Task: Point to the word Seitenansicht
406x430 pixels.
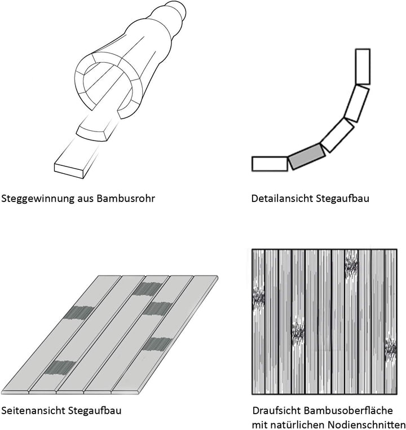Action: coord(33,410)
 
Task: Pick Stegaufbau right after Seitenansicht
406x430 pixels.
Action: coord(94,410)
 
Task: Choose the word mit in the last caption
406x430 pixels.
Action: coord(261,424)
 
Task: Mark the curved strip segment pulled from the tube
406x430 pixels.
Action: coord(97,128)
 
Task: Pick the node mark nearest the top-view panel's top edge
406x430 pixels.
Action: coord(351,264)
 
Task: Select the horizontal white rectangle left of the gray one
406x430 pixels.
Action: coord(269,164)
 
